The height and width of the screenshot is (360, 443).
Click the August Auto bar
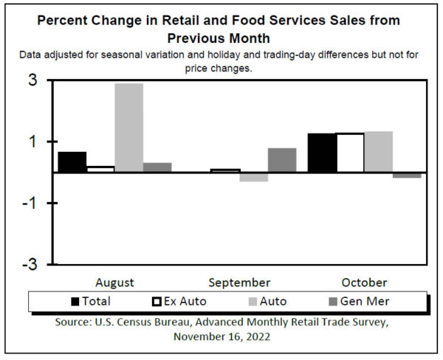128,128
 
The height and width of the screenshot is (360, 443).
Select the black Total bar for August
72,162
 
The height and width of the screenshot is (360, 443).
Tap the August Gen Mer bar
157,167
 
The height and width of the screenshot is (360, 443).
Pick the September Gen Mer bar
282,160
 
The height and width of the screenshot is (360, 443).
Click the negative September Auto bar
253,177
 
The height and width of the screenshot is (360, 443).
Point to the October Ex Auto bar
350,153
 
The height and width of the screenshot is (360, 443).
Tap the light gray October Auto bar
378,152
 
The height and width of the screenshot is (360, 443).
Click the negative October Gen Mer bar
407,175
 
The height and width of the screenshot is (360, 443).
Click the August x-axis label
114,283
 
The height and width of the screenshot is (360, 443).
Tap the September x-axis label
239,283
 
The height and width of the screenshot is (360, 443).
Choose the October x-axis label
364,283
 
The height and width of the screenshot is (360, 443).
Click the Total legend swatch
75,301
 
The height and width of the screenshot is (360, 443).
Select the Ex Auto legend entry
179,301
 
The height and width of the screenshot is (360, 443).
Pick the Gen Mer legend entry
359,301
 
